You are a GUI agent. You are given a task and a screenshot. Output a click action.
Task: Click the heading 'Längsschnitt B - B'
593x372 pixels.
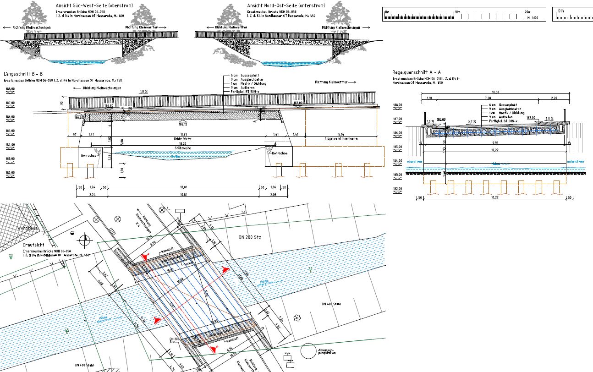[x=23, y=74]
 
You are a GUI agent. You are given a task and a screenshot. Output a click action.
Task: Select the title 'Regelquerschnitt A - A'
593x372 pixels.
[x=417, y=72]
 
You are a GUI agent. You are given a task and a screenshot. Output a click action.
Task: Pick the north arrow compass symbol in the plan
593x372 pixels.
[x=85, y=238]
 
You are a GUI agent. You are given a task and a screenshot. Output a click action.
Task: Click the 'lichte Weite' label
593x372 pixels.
[x=182, y=138]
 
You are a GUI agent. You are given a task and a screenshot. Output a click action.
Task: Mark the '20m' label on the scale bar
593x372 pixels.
[x=527, y=12]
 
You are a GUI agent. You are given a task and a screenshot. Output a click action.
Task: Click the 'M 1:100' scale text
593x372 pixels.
[x=533, y=18]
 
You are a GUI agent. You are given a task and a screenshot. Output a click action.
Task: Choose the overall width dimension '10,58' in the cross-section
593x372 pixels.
[x=495, y=92]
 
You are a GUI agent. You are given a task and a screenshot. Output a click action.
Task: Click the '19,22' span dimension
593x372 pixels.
[x=182, y=143]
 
